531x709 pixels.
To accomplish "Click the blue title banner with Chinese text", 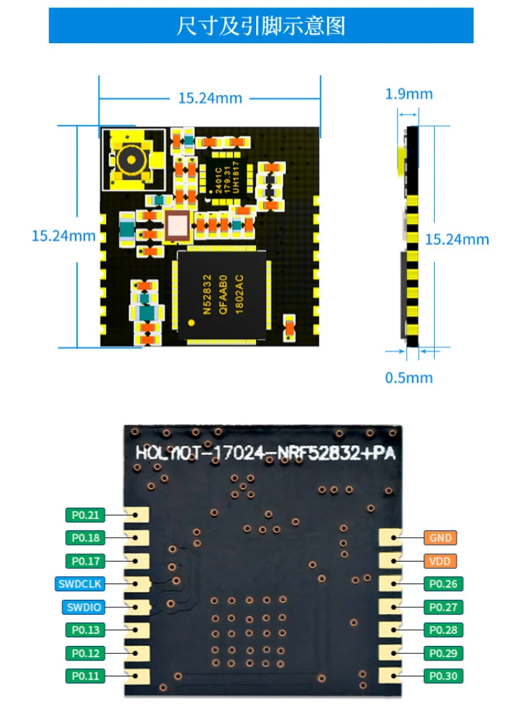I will tap(261, 26).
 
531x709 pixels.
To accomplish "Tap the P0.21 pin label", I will tap(84, 514).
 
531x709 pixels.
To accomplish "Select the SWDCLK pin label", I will tap(78, 584).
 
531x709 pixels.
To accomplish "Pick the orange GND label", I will tap(440, 538).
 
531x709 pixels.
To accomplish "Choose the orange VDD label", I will tap(440, 561).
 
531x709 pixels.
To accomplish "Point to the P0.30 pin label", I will tap(443, 676).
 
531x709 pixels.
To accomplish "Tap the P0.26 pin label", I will tap(443, 584).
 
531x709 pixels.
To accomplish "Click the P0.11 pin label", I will tap(84, 676).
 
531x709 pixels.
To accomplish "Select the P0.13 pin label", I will tap(84, 629).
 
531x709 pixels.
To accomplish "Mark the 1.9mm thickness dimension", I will tap(409, 94).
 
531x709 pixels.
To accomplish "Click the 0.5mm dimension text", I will tap(409, 377).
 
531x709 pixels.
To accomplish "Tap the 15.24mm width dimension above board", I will tap(210, 98).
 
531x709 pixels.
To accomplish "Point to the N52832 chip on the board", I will tap(222, 292).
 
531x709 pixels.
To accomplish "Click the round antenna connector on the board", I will tap(130, 159).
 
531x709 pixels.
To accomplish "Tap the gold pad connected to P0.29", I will tap(389, 653).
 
